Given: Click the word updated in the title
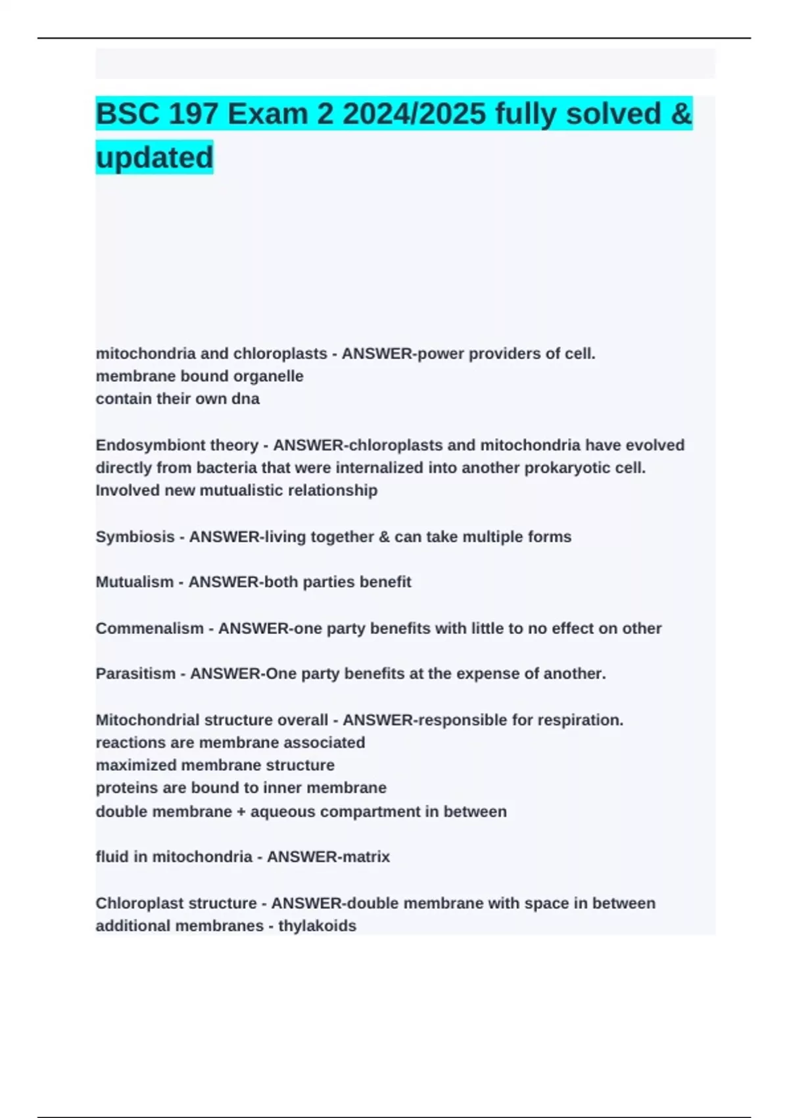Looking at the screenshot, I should (155, 158).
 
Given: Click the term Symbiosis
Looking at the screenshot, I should (135, 537).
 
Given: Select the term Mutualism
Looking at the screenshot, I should (134, 582).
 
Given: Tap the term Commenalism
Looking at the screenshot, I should (149, 628).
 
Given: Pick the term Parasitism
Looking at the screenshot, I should (135, 673).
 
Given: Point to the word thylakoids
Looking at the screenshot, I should (317, 926).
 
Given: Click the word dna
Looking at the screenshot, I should (246, 399).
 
